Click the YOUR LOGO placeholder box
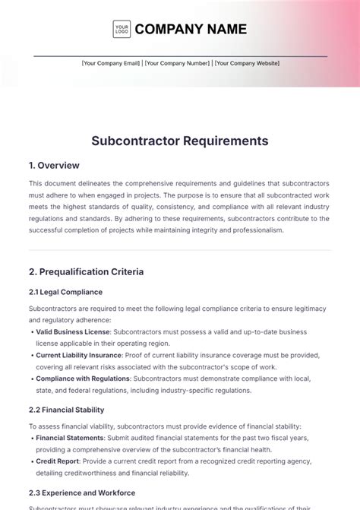pyautogui.click(x=122, y=29)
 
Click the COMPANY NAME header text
pyautogui.click(x=191, y=29)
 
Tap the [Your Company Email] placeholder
pyautogui.click(x=111, y=63)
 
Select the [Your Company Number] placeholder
pyautogui.click(x=178, y=63)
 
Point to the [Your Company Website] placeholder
pyautogui.click(x=247, y=63)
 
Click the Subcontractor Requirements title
pyautogui.click(x=180, y=141)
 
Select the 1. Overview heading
pyautogui.click(x=54, y=165)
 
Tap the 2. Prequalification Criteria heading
pyautogui.click(x=86, y=271)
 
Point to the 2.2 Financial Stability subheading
pyautogui.click(x=68, y=410)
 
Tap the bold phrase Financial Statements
pyautogui.click(x=70, y=438)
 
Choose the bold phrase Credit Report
pyautogui.click(x=57, y=461)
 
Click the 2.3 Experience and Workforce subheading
pyautogui.click(x=82, y=493)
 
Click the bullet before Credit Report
pyautogui.click(x=31, y=461)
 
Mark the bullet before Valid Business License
pyautogui.click(x=31, y=331)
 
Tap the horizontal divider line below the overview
pyautogui.click(x=180, y=250)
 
